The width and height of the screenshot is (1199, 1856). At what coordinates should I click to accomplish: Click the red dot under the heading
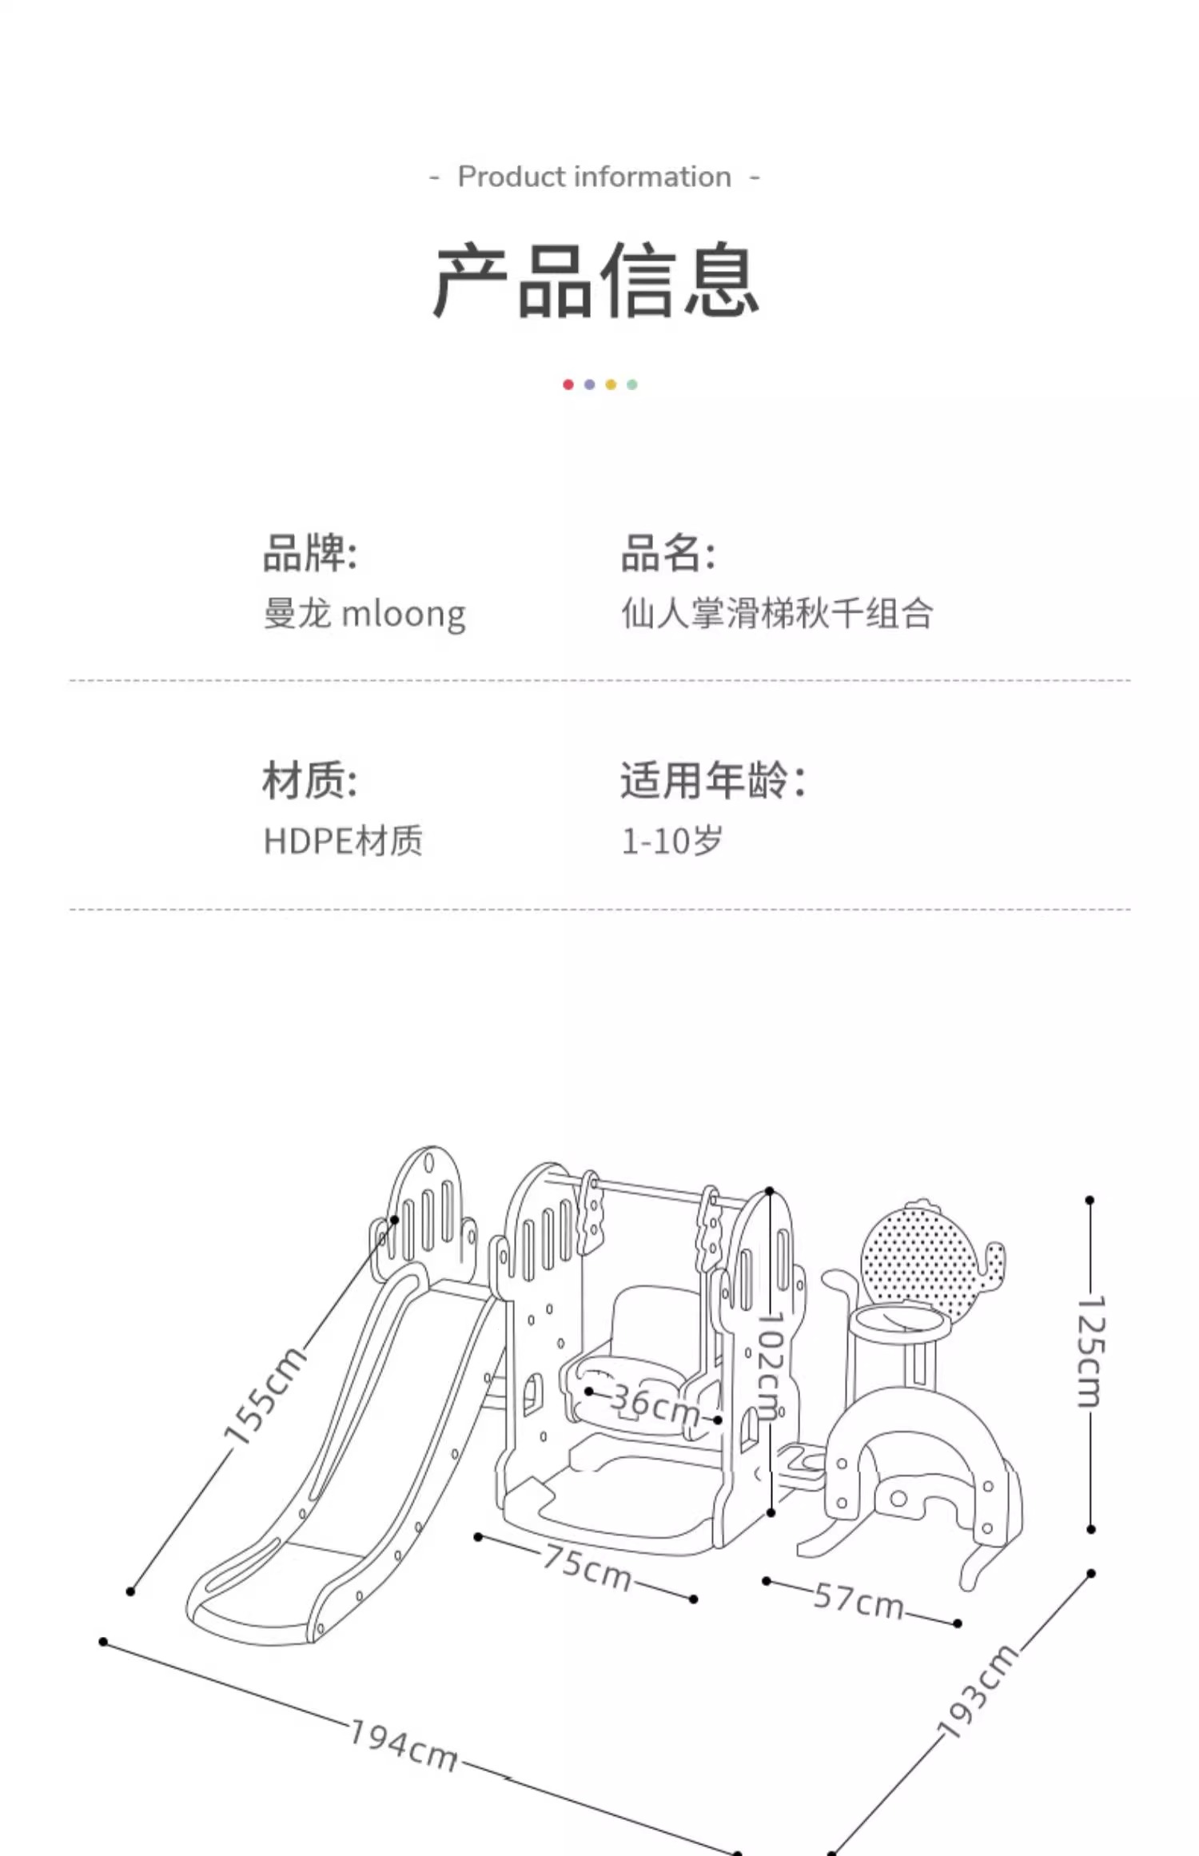(x=568, y=384)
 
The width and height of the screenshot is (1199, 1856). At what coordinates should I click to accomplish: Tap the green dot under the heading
(x=632, y=384)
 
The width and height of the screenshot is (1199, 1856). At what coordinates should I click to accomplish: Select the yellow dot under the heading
(x=611, y=384)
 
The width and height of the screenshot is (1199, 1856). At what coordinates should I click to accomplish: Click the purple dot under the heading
(x=589, y=384)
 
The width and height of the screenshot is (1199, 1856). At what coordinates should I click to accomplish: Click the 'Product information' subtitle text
(x=594, y=177)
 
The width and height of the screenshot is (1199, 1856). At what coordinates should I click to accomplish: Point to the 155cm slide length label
(x=265, y=1396)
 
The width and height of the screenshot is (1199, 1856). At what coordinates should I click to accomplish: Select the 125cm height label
(x=1090, y=1351)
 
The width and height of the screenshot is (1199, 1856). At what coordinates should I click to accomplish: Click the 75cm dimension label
(x=588, y=1567)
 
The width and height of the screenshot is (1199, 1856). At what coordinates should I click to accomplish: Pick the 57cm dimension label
(x=859, y=1601)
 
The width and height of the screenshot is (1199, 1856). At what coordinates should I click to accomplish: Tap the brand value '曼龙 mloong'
(x=364, y=614)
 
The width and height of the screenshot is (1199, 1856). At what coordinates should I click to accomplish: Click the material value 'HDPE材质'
(x=343, y=841)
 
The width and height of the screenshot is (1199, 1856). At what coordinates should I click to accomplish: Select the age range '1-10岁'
(x=672, y=841)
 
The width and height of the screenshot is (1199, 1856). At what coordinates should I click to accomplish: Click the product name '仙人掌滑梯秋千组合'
(x=777, y=614)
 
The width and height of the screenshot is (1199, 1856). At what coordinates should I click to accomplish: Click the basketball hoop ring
(x=900, y=1323)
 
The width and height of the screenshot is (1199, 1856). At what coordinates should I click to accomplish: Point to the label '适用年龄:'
(x=713, y=780)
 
